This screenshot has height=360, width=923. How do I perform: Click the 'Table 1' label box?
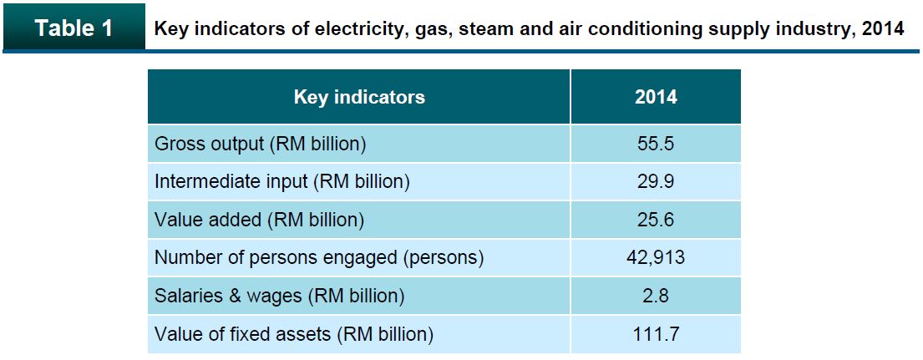tap(74, 28)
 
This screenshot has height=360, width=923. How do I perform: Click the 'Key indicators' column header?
tap(359, 97)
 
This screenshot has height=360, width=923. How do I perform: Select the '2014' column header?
tap(656, 97)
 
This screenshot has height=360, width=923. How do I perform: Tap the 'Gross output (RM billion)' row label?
tap(261, 144)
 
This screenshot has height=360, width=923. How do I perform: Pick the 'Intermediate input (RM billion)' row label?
tap(282, 181)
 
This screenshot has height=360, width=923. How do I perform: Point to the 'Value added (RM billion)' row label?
tap(260, 220)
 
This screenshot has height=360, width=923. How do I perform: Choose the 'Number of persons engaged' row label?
tap(319, 257)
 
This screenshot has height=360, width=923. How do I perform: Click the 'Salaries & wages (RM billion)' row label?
tap(280, 296)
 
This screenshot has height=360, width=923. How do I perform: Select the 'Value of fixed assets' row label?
tap(294, 334)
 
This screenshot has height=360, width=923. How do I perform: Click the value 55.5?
tap(656, 144)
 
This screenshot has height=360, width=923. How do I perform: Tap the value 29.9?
tap(656, 181)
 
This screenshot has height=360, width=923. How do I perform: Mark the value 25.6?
tap(656, 220)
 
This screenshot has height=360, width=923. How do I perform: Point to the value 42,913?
tap(656, 257)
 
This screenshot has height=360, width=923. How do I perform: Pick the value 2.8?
tap(656, 296)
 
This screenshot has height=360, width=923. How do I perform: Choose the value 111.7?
tap(656, 334)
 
